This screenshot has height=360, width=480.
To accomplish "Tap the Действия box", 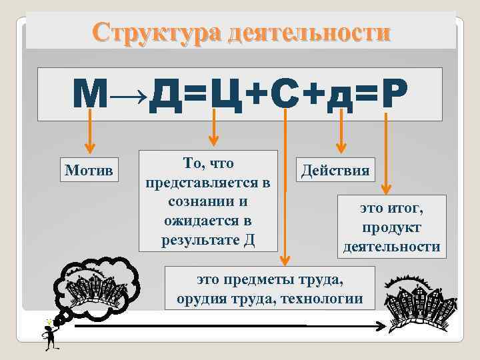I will pyautogui.click(x=335, y=169).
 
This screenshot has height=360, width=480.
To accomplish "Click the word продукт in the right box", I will pyautogui.click(x=391, y=227).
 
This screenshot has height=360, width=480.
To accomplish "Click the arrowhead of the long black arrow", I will pyautogui.click(x=381, y=327).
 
